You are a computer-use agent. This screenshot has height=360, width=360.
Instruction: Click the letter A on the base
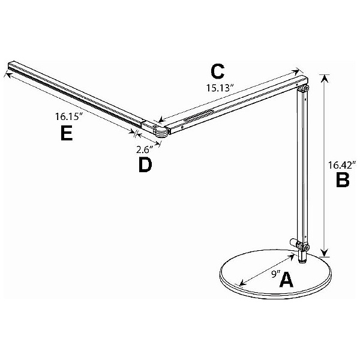coord(287,280)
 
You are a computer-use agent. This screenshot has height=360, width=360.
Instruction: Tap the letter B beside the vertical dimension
coord(342,180)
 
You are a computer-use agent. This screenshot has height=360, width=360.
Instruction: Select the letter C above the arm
coord(218,71)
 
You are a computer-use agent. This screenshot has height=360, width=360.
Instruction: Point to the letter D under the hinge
coord(145,166)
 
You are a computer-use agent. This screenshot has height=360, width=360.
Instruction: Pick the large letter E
coord(67,134)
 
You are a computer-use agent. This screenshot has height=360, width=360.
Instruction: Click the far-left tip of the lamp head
coord(11,65)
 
